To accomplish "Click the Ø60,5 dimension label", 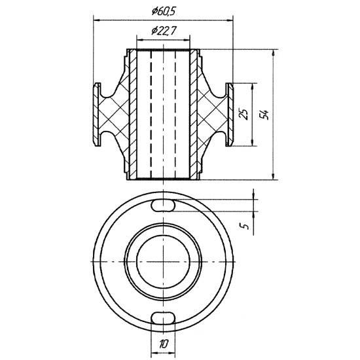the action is pyautogui.click(x=164, y=12).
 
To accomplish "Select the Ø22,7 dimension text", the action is pyautogui.click(x=164, y=31).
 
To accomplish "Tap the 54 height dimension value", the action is pyautogui.click(x=264, y=115).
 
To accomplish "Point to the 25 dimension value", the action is pyautogui.click(x=244, y=114).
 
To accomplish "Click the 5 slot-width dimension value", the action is pyautogui.click(x=245, y=226).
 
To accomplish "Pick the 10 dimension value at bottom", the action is pyautogui.click(x=164, y=344).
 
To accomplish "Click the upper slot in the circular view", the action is pyautogui.click(x=163, y=206).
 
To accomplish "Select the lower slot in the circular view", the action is pyautogui.click(x=163, y=317).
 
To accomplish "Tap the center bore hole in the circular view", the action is pyautogui.click(x=163, y=262).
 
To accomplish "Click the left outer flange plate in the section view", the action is pyautogui.click(x=97, y=115).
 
